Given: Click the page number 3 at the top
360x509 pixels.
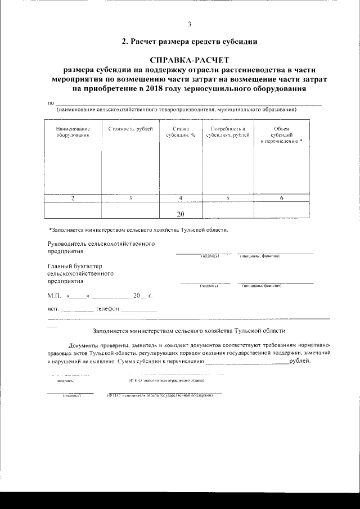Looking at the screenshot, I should click(x=190, y=24).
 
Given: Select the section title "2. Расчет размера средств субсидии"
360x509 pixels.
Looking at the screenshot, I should click(x=190, y=42).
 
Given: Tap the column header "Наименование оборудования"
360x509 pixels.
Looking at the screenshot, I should click(x=73, y=133).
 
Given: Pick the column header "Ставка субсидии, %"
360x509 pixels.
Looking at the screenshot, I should click(x=181, y=133).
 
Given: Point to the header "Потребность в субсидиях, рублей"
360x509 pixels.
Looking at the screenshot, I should click(x=228, y=133).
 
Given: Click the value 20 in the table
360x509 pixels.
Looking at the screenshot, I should click(x=181, y=213).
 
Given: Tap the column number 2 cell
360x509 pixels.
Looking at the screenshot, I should click(x=73, y=198).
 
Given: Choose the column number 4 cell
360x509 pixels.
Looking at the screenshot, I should click(x=181, y=198).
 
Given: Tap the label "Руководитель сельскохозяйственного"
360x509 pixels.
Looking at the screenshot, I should click(x=101, y=244).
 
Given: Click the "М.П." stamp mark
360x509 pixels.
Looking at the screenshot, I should click(x=54, y=295).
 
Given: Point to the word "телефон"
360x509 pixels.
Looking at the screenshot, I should click(x=107, y=309).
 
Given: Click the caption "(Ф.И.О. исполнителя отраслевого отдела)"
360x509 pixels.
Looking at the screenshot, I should click(x=166, y=381).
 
